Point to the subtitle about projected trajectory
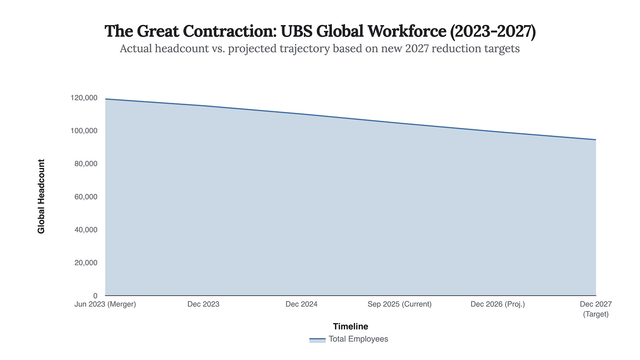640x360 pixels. coord(320,49)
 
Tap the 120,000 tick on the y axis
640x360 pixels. coord(84,98)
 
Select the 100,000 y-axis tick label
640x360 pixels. coord(84,131)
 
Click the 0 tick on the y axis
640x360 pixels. coord(95,296)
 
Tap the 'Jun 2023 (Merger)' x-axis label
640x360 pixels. coord(105,304)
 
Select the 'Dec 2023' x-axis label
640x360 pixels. coord(204,304)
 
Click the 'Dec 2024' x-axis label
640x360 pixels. coord(302,304)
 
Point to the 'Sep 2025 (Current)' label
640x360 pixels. coord(400,304)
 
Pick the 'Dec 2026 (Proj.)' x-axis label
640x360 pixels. coord(498,304)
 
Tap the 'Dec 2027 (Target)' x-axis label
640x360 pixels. coord(596,309)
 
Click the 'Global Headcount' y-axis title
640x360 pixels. coord(41,196)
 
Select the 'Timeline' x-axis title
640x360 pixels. coord(350,327)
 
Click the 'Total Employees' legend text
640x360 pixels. coord(358,339)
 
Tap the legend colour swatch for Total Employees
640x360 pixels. coord(317,340)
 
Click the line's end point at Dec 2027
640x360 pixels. coord(596,140)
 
